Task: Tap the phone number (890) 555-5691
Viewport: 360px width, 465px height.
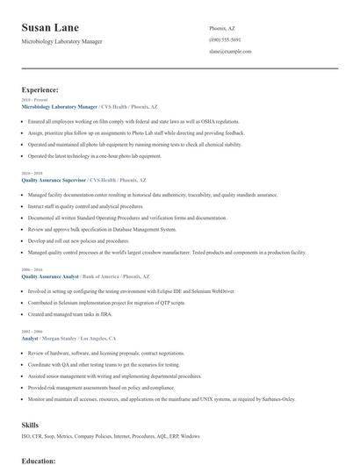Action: [x=225, y=40]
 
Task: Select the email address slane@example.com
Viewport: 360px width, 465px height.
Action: [x=231, y=52]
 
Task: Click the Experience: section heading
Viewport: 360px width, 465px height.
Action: [x=40, y=89]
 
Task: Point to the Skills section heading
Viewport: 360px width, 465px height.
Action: [x=31, y=425]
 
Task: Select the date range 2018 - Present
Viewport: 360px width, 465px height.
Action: [x=35, y=100]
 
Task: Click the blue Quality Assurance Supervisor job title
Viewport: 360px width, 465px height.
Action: [x=54, y=179]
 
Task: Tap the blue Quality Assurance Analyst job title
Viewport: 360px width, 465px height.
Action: [x=49, y=276]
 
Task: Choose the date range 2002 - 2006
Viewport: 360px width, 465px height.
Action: [x=32, y=331]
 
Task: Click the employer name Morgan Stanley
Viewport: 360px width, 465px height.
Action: [x=61, y=338]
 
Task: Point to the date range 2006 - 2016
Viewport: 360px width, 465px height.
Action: [x=32, y=269]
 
